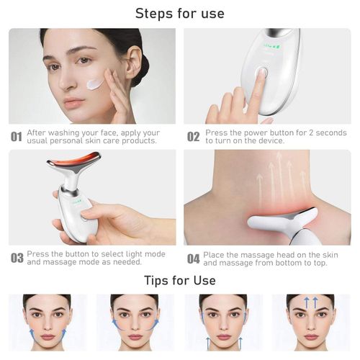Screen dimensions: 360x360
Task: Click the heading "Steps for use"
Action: coord(180,14)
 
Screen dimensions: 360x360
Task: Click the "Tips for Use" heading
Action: coord(180,279)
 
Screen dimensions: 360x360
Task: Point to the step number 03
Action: coord(16,258)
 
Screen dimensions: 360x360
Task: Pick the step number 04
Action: coord(193,258)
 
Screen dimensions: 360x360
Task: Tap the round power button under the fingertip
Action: coord(263,73)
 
